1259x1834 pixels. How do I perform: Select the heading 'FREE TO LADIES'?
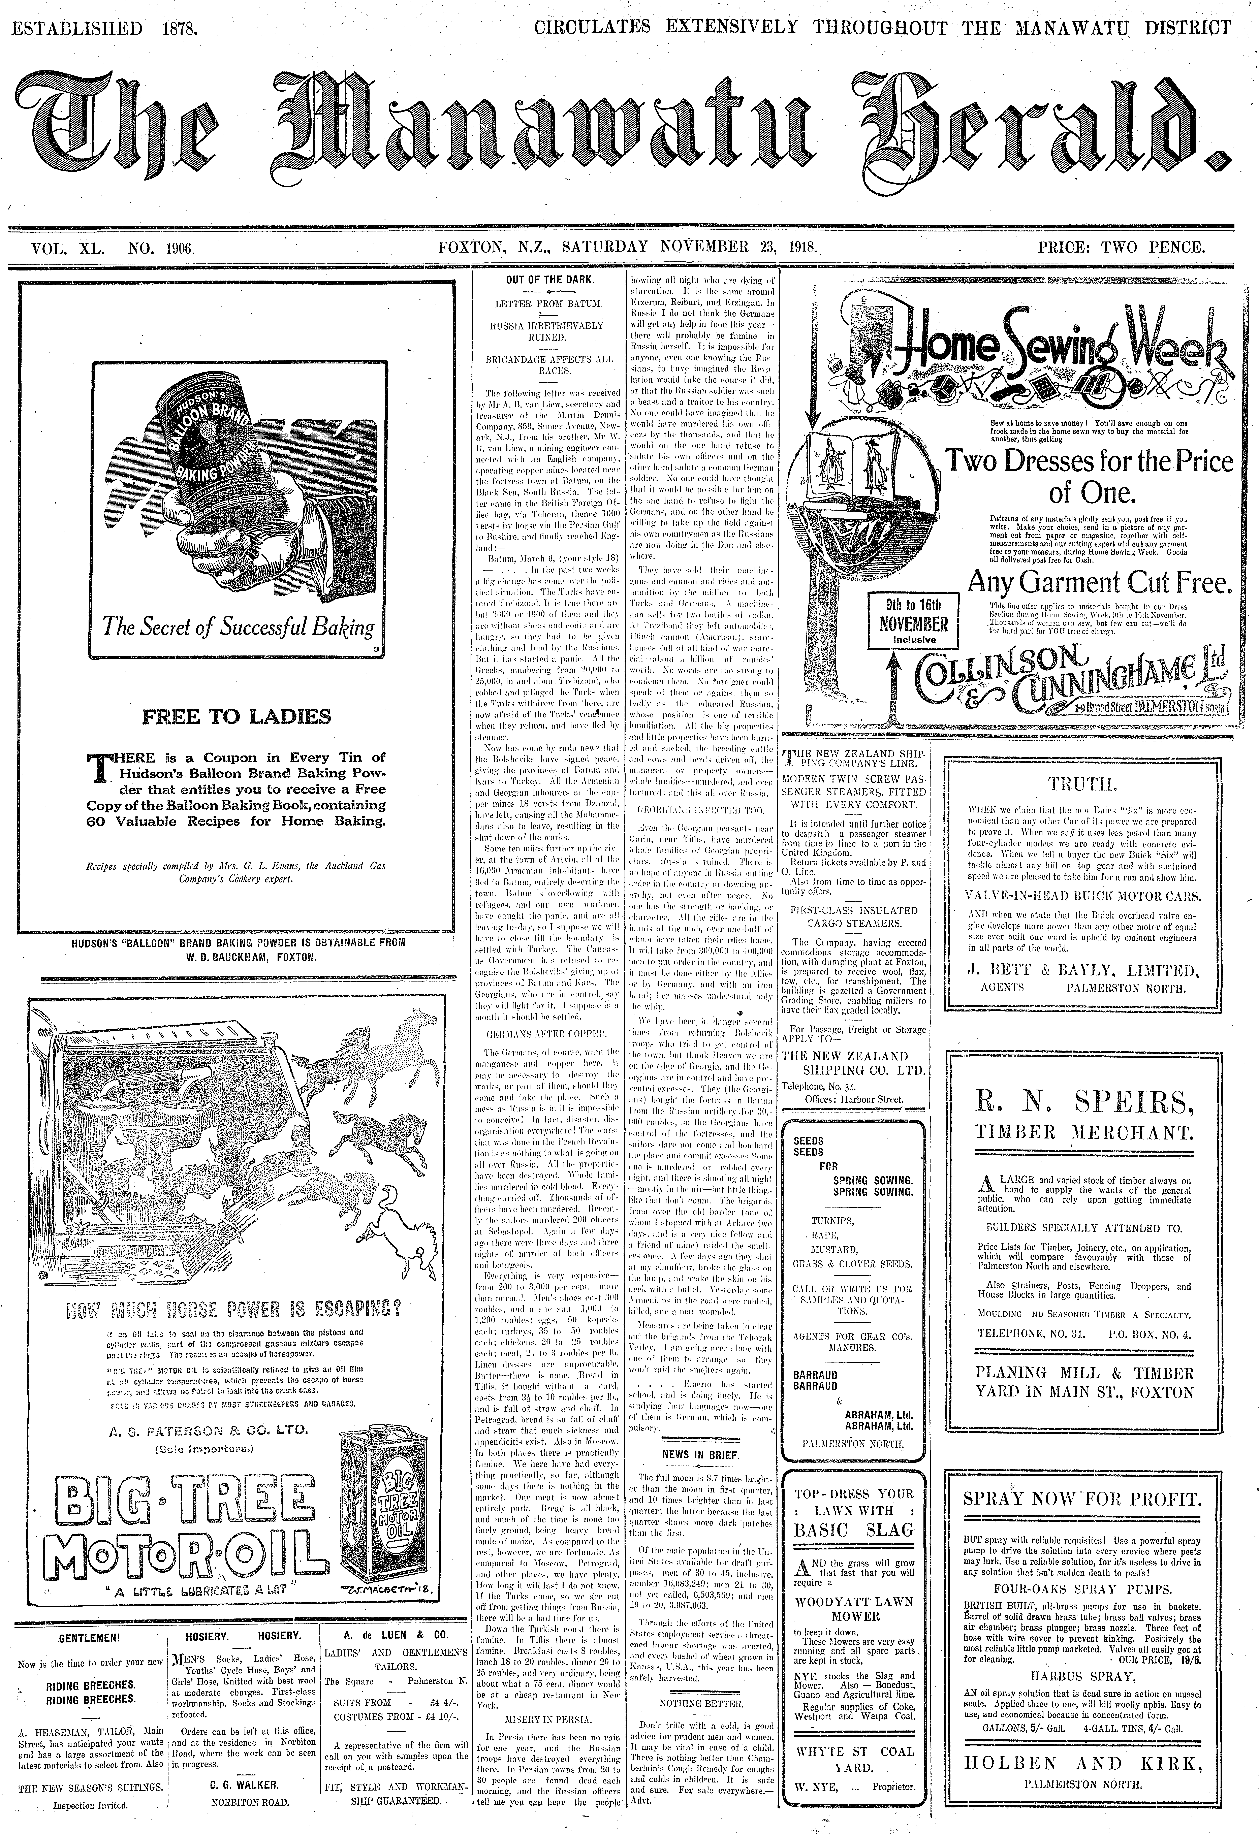pyautogui.click(x=236, y=717)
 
